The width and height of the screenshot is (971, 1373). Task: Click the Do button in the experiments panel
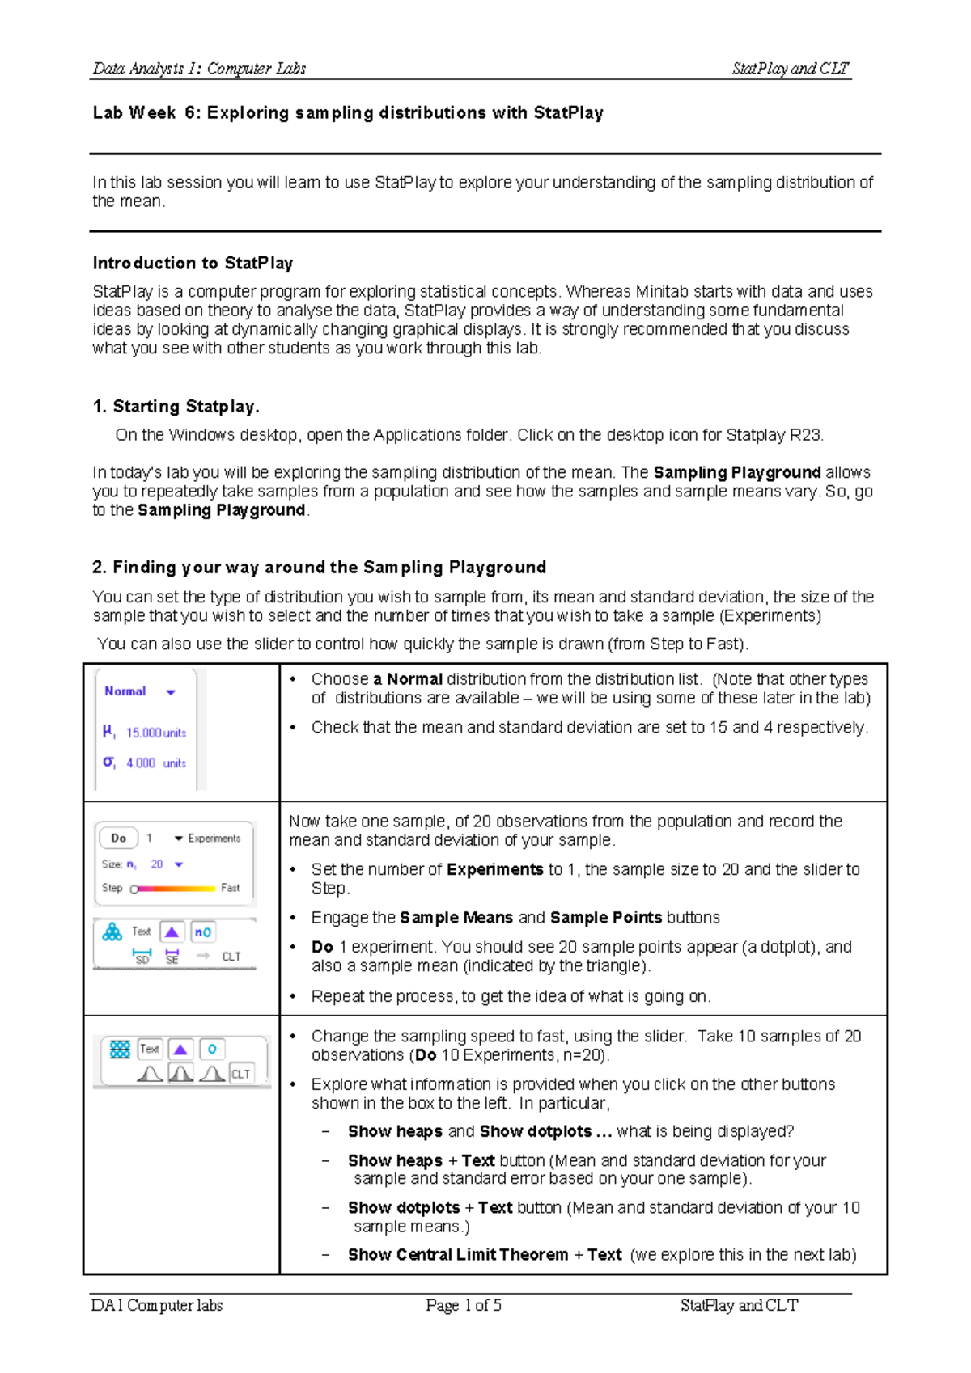coord(118,839)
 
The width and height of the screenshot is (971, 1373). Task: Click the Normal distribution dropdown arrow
coord(171,692)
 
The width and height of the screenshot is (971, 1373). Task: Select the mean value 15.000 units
coord(155,733)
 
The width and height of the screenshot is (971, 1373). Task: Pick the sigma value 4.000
coord(141,763)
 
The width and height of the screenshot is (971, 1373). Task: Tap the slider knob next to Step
coord(134,889)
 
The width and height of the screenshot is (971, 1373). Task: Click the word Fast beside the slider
coord(230,888)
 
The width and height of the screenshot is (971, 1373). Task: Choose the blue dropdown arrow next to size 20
coord(179,864)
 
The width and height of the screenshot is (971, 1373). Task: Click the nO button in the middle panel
coord(203,932)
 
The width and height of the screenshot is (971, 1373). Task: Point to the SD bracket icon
coord(142,957)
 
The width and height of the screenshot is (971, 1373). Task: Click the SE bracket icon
coord(172,957)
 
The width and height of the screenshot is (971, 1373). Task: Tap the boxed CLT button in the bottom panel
coord(241,1074)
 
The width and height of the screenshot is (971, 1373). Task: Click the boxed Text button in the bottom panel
coord(150,1049)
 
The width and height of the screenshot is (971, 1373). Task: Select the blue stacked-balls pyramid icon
coord(112,932)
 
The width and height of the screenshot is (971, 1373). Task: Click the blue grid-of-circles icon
coord(120,1050)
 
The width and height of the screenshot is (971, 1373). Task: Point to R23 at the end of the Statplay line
coord(806,435)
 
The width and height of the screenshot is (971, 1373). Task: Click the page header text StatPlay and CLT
coord(790,69)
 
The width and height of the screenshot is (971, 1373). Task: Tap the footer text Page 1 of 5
coord(464,1305)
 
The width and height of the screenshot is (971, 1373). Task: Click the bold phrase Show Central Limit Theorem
coord(458,1255)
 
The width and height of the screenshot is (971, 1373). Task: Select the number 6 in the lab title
coord(189,113)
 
